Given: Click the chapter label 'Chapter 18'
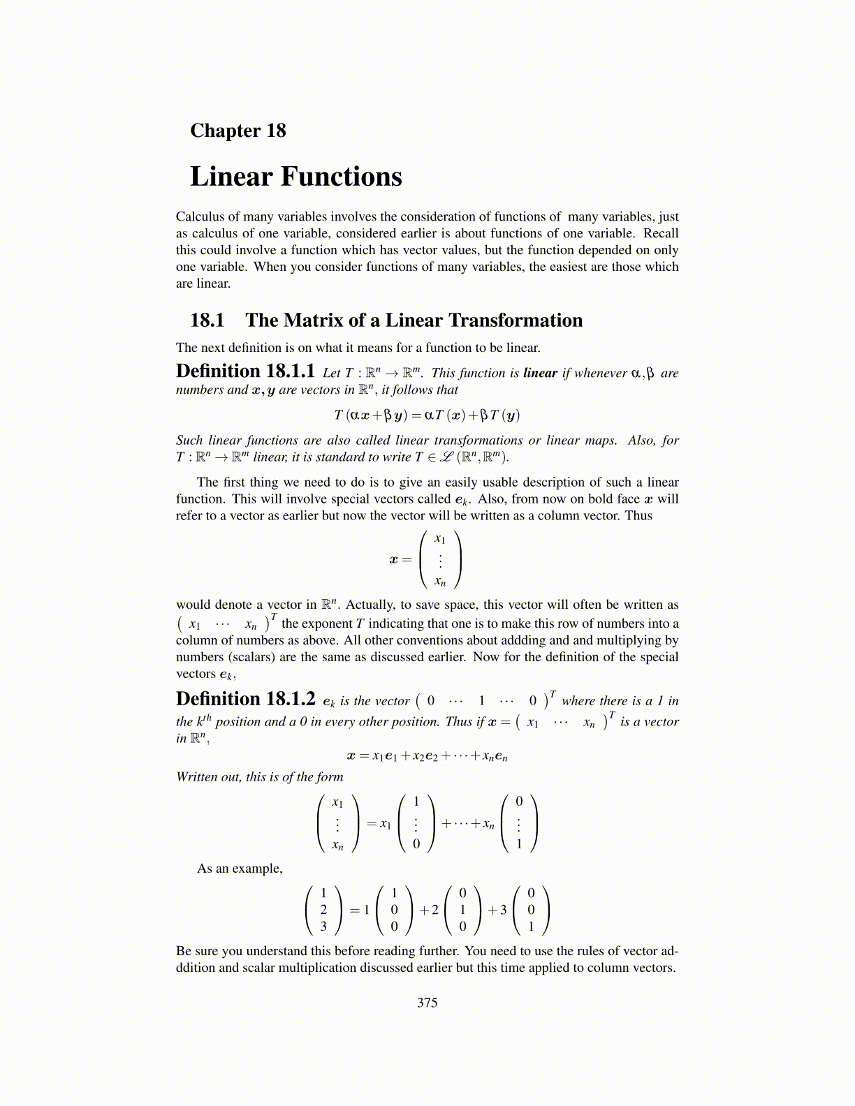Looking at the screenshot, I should (237, 131).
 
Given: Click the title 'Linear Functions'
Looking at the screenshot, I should (295, 177).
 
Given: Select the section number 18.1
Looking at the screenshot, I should (207, 320).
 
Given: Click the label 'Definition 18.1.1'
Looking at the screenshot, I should (245, 371).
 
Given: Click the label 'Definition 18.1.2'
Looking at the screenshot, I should (245, 699).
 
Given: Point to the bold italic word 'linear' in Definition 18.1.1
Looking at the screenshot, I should (540, 373).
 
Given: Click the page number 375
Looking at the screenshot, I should (427, 1003).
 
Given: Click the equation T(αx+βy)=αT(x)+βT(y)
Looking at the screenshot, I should (427, 415).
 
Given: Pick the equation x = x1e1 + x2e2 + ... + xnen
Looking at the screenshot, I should (427, 756).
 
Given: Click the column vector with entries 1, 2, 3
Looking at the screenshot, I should (323, 910).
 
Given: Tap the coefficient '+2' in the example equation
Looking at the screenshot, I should (429, 910).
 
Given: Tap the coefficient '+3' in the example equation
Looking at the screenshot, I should (497, 910).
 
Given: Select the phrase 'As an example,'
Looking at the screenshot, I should (240, 869).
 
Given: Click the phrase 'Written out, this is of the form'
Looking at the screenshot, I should (259, 777).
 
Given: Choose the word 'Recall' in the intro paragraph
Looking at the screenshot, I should (660, 234).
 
